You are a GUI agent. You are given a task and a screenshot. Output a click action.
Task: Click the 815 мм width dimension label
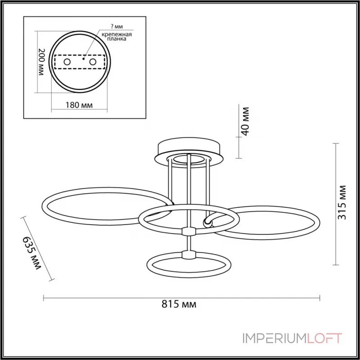pos(179,304)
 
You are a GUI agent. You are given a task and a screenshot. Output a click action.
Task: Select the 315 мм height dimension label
pos(342,202)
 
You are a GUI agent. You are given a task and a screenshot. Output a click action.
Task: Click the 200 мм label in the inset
pos(41,62)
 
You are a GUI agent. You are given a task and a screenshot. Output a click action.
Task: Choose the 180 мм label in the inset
pos(79,105)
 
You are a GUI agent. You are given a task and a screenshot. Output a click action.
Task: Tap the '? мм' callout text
pos(117,27)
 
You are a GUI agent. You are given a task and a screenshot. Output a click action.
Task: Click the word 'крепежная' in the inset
pos(117,35)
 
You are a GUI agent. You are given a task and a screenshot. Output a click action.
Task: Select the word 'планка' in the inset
pos(117,39)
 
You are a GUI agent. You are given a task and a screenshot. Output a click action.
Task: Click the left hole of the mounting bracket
pos(67,62)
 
